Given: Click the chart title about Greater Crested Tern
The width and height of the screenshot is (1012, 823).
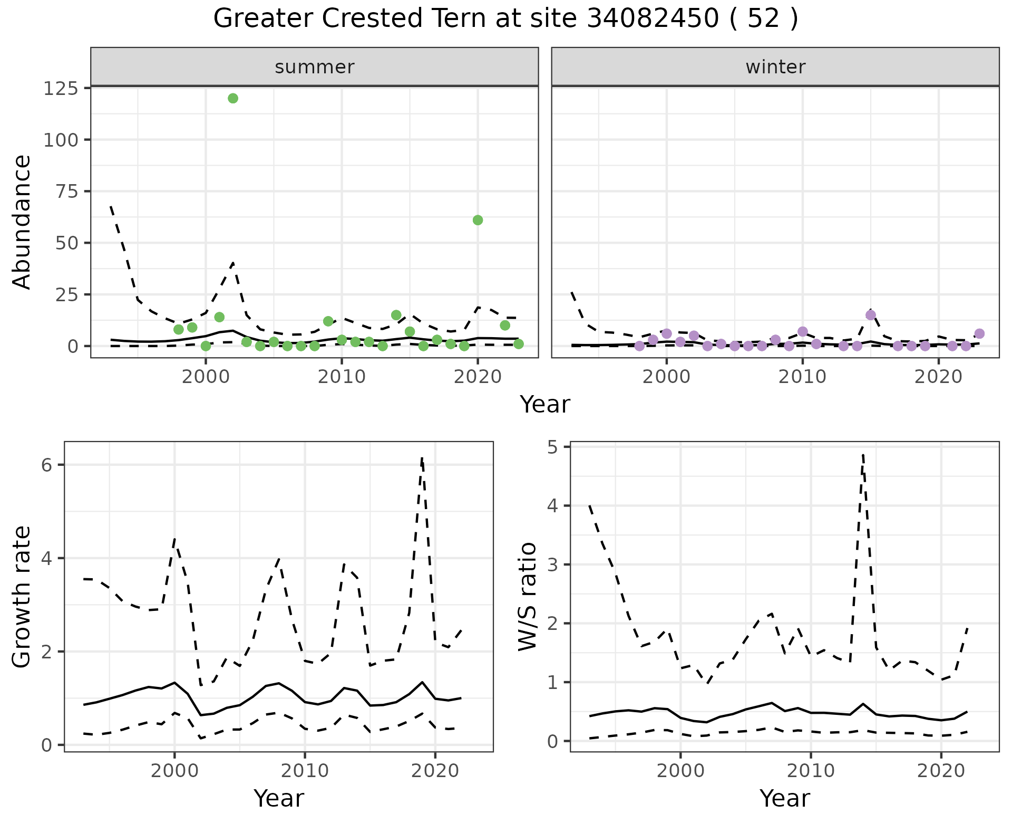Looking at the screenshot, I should (x=505, y=19).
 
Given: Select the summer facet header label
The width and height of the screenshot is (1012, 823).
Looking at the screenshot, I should (x=314, y=67).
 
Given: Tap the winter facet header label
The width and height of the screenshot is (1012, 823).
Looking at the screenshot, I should (x=775, y=67).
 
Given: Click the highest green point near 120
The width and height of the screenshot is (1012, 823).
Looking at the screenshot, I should (x=233, y=98).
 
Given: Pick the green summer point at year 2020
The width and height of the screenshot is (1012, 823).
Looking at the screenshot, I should (x=478, y=220).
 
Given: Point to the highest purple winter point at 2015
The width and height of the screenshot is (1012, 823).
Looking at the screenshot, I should (x=871, y=315).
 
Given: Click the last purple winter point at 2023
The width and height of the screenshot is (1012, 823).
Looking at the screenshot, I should (x=979, y=333).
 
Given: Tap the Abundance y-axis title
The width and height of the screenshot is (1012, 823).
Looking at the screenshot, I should (x=22, y=222).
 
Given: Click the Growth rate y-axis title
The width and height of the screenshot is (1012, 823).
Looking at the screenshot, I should (x=22, y=597).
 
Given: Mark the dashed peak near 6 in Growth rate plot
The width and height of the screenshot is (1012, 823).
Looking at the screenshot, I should (x=422, y=459).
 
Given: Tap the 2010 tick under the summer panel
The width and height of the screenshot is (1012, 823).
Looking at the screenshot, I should (x=342, y=377).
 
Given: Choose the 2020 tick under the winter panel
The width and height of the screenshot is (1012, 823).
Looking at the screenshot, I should (x=938, y=377).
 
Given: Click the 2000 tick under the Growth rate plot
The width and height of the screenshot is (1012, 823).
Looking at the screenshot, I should (x=174, y=771).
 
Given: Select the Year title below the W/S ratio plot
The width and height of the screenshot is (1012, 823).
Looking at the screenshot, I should (x=784, y=799).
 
